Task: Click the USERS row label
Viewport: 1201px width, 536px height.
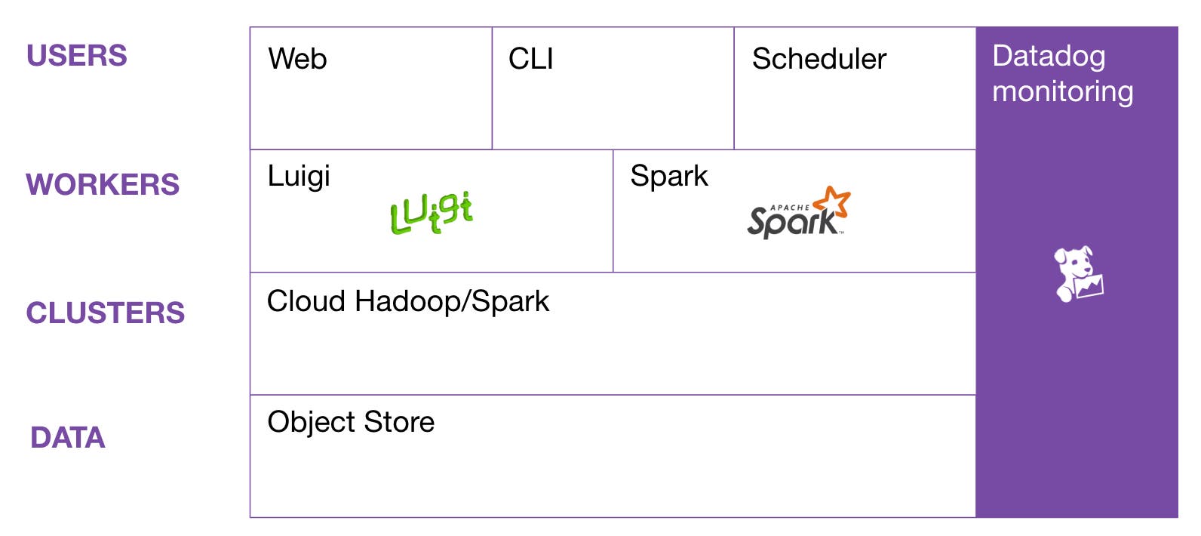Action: pos(77,56)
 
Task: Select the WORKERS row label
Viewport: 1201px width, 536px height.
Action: pos(103,185)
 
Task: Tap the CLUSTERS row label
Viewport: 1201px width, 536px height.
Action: pos(106,313)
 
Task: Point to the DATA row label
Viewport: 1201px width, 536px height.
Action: pos(68,438)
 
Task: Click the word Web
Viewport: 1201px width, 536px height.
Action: pos(297,59)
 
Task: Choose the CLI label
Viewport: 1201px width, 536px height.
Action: pos(531,59)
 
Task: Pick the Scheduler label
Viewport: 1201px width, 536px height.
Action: pos(819,59)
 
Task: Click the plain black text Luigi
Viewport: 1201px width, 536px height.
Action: pos(299,177)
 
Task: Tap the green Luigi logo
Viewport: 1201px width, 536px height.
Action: pos(432,213)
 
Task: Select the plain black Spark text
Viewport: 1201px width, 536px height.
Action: pos(669,176)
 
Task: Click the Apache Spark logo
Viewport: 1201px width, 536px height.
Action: pos(797,214)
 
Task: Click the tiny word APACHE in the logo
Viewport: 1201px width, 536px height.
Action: pos(789,207)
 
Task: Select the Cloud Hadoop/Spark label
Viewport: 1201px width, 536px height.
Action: pos(408,301)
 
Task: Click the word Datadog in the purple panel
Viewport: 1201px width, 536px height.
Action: pos(1049,57)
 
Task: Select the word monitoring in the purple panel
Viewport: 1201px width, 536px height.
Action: pos(1062,91)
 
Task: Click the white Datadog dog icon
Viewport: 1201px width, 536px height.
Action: pos(1078,273)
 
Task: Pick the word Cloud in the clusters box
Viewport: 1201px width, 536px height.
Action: pos(306,301)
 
